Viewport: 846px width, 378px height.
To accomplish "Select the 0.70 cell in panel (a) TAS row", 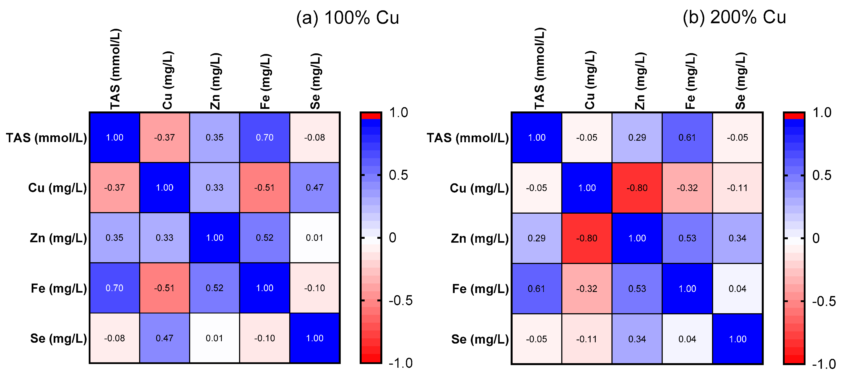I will tap(264, 137).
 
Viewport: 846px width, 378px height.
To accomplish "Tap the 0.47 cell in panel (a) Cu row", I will tap(315, 188).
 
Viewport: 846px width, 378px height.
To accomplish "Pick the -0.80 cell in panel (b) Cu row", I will tap(637, 188).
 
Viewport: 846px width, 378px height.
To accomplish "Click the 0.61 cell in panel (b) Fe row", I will tap(536, 289).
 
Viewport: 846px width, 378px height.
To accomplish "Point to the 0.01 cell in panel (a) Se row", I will tap(215, 338).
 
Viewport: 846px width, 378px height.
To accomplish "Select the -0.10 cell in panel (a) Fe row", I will tap(315, 288).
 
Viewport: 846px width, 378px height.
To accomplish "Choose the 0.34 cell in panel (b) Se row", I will tap(637, 339).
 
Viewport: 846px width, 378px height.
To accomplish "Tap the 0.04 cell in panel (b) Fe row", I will tap(737, 289).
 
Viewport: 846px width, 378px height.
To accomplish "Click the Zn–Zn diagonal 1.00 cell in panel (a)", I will tap(215, 238).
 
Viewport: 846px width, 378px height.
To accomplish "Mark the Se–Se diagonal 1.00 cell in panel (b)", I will tap(737, 339).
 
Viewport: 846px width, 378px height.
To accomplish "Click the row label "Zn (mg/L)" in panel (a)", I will tap(58, 238).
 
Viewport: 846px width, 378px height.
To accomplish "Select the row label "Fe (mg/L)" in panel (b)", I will tap(480, 289).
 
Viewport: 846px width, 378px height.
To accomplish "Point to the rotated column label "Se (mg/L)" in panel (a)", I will tap(315, 81).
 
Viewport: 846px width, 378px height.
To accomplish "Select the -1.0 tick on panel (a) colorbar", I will tap(400, 363).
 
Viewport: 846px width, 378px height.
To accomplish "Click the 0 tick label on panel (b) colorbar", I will tap(816, 238).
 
